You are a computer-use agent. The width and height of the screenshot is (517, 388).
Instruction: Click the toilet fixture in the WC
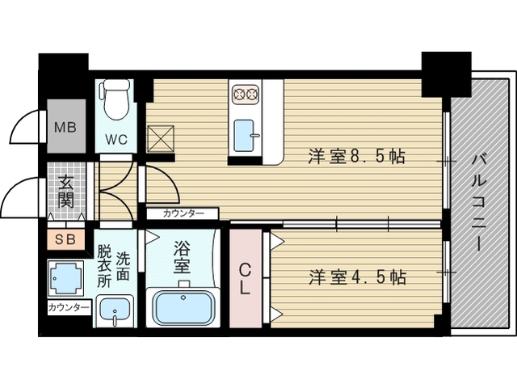click(116, 99)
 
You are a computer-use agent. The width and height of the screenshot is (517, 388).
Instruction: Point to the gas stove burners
click(245, 94)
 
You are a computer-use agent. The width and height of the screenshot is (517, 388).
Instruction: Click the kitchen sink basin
click(245, 135)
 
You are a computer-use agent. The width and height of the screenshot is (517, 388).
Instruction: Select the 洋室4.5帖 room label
click(355, 277)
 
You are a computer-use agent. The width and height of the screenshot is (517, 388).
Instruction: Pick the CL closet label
click(246, 276)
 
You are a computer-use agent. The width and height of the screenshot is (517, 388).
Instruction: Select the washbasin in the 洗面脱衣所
click(115, 310)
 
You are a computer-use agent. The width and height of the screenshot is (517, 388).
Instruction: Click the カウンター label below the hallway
click(183, 213)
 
